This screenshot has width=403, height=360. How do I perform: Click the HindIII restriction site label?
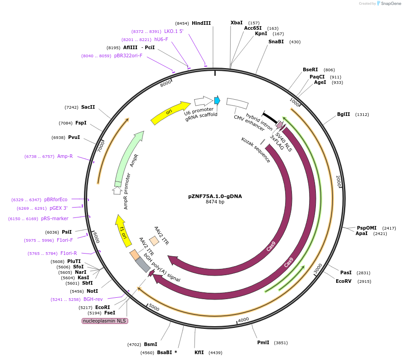(201, 23)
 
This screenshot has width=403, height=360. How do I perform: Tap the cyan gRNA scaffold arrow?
(217, 100)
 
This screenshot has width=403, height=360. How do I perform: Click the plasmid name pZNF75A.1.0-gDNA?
(208, 196)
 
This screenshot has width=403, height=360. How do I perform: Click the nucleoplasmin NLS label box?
(105, 321)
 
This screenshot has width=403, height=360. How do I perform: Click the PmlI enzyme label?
(263, 342)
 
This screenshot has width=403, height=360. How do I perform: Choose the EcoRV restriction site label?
(343, 281)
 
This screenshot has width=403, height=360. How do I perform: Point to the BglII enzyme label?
(343, 114)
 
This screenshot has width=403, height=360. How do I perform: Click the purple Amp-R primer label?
(65, 156)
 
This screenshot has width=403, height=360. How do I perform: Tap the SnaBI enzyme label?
(276, 42)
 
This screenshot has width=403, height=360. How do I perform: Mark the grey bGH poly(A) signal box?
(143, 264)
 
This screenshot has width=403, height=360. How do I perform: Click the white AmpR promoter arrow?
(117, 190)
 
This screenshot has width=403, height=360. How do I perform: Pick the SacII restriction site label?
(88, 107)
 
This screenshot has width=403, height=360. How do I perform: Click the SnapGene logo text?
(391, 4)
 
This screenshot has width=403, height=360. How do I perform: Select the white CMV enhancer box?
(237, 104)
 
